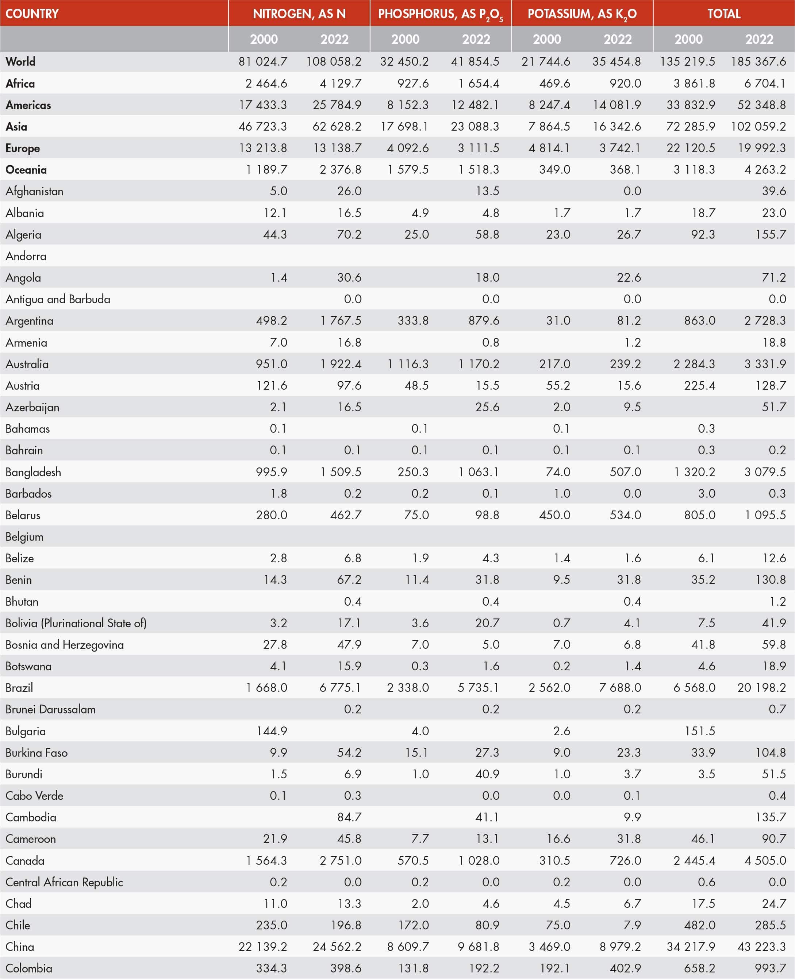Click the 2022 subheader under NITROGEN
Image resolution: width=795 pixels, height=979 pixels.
[334, 39]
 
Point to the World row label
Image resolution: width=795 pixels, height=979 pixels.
[20, 61]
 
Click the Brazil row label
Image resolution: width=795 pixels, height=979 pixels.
[19, 687]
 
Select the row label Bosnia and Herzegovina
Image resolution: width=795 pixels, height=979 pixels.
[65, 644]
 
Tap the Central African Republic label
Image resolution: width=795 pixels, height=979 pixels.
[64, 882]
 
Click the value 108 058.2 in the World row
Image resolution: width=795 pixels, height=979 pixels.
[334, 61]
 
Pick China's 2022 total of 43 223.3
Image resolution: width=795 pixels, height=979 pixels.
[761, 947]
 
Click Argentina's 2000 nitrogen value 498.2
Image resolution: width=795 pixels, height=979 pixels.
[272, 320]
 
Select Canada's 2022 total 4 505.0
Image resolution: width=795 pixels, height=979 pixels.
[765, 860]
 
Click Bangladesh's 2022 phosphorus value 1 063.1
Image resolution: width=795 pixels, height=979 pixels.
[479, 472]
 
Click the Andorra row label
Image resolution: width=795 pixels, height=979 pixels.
[26, 256]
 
